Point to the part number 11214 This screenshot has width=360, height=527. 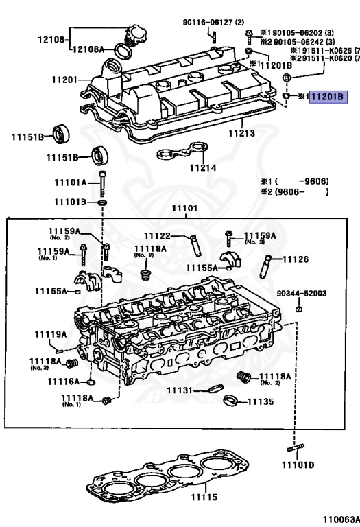(203, 167)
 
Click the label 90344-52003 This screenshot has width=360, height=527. (301, 294)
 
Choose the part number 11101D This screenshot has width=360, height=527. (301, 465)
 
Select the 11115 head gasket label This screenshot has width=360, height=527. (203, 497)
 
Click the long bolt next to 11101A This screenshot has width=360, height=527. (103, 183)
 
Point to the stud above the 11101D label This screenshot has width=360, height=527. (296, 449)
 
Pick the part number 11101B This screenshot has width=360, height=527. (71, 203)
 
